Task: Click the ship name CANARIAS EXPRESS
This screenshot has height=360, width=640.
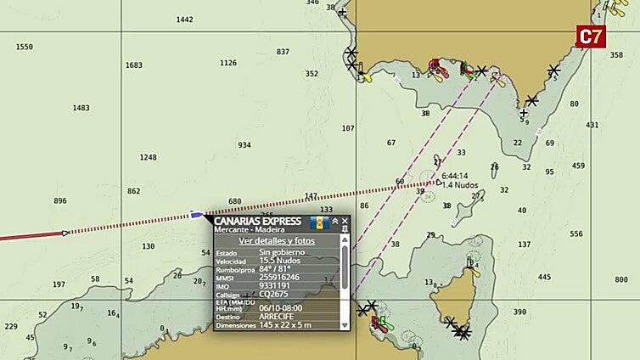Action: click(x=257, y=222)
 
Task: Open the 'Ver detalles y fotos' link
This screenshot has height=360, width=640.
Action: click(x=276, y=241)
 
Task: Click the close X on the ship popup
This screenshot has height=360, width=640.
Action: click(x=345, y=221)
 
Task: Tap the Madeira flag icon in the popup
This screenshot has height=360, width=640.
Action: click(x=319, y=223)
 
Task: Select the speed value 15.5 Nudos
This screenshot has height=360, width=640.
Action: click(x=280, y=261)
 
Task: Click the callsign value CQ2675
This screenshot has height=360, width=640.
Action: click(x=273, y=294)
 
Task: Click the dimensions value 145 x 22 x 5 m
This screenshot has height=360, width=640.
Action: click(x=287, y=325)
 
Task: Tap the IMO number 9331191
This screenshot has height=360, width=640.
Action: click(x=276, y=285)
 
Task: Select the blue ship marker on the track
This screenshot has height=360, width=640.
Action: click(x=197, y=215)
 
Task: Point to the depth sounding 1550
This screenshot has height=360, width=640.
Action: click(x=25, y=48)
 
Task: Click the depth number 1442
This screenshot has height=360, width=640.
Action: click(x=184, y=20)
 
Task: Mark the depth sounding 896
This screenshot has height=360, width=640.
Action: click(x=59, y=201)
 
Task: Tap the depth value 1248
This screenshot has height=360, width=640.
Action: click(x=148, y=157)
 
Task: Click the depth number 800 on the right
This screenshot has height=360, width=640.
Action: click(x=621, y=279)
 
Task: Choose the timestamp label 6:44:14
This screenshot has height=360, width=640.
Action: click(x=454, y=176)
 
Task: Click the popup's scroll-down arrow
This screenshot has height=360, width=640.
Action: click(x=345, y=325)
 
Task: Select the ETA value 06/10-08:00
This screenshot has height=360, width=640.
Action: click(x=280, y=307)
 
